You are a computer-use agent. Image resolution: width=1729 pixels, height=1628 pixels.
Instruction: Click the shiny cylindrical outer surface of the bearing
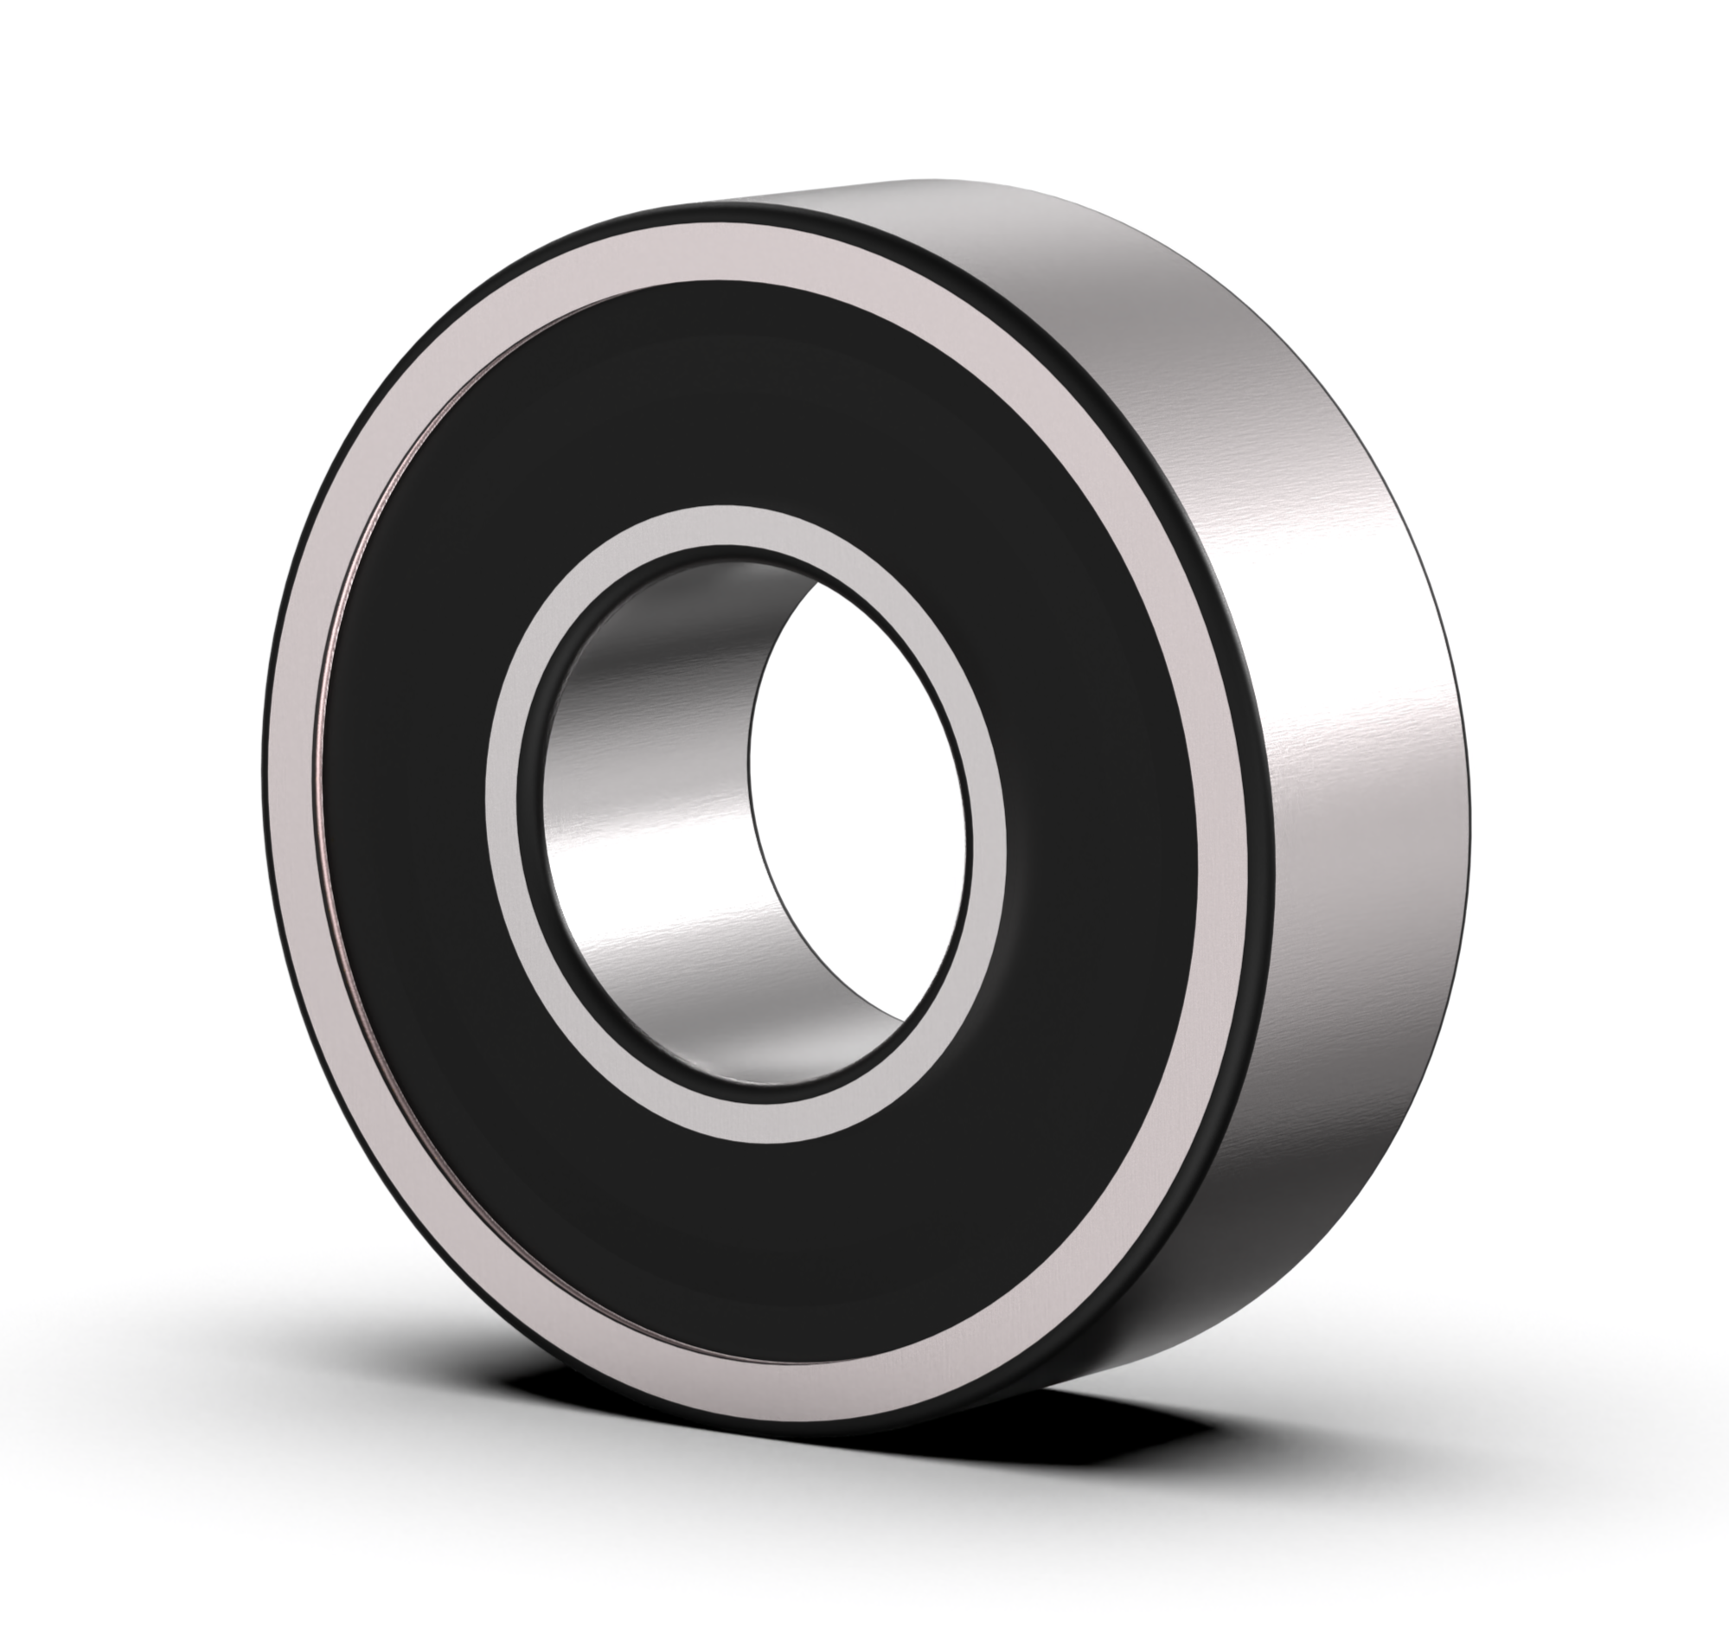1357,695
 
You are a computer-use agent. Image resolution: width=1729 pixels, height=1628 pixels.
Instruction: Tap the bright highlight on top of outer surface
1000,208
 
